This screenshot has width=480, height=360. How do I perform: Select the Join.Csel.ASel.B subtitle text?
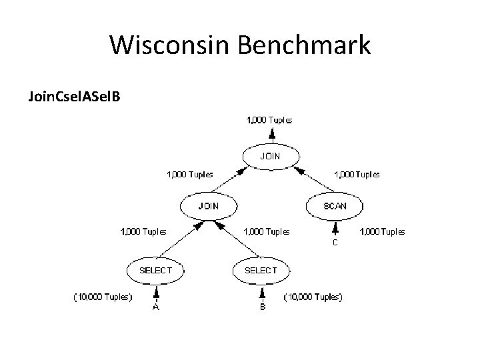click(x=73, y=97)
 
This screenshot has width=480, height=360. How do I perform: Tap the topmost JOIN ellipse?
click(x=269, y=156)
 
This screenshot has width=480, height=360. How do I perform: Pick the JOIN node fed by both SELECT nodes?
click(x=208, y=206)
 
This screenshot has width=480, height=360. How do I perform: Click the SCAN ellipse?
click(x=335, y=206)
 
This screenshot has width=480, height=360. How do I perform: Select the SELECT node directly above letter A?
click(x=155, y=270)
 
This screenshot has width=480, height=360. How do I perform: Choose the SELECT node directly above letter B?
click(x=261, y=270)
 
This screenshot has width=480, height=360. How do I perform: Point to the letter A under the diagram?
click(x=155, y=307)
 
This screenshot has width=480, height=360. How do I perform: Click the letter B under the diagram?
click(x=263, y=307)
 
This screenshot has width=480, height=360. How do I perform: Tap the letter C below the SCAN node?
click(x=335, y=243)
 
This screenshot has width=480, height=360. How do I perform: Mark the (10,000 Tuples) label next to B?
click(x=313, y=296)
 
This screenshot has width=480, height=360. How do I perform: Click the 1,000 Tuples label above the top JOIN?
click(x=269, y=121)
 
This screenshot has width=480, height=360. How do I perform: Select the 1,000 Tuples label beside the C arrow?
click(x=382, y=232)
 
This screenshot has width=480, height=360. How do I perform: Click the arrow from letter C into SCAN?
click(x=335, y=229)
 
